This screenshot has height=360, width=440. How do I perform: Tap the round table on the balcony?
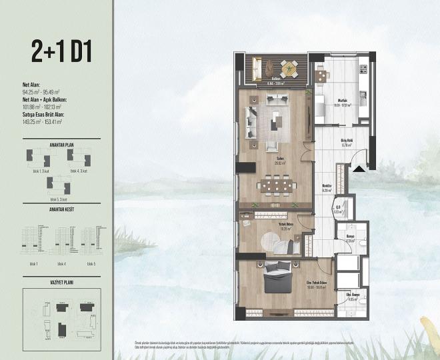[289, 67]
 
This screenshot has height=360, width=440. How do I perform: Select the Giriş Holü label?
[346, 141]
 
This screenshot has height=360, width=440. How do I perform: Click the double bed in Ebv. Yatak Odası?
[277, 279]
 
